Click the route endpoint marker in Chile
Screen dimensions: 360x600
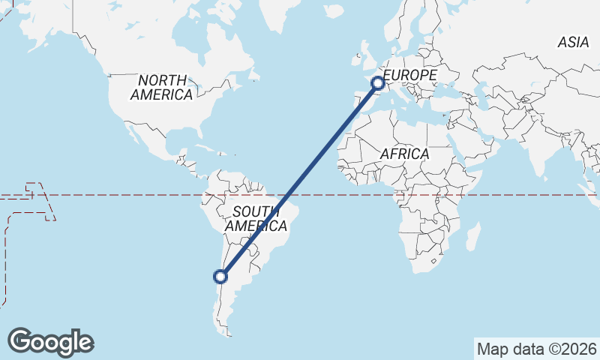(x=220, y=277)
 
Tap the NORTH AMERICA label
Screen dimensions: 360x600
(x=161, y=87)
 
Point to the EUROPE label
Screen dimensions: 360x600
(x=409, y=76)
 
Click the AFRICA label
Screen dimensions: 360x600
(x=404, y=154)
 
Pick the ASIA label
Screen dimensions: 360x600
(x=573, y=43)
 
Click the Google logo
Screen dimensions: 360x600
(x=51, y=342)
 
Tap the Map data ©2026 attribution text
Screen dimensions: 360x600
(x=536, y=349)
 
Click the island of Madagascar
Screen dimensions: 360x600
(x=472, y=237)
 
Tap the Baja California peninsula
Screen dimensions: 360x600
(x=136, y=135)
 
